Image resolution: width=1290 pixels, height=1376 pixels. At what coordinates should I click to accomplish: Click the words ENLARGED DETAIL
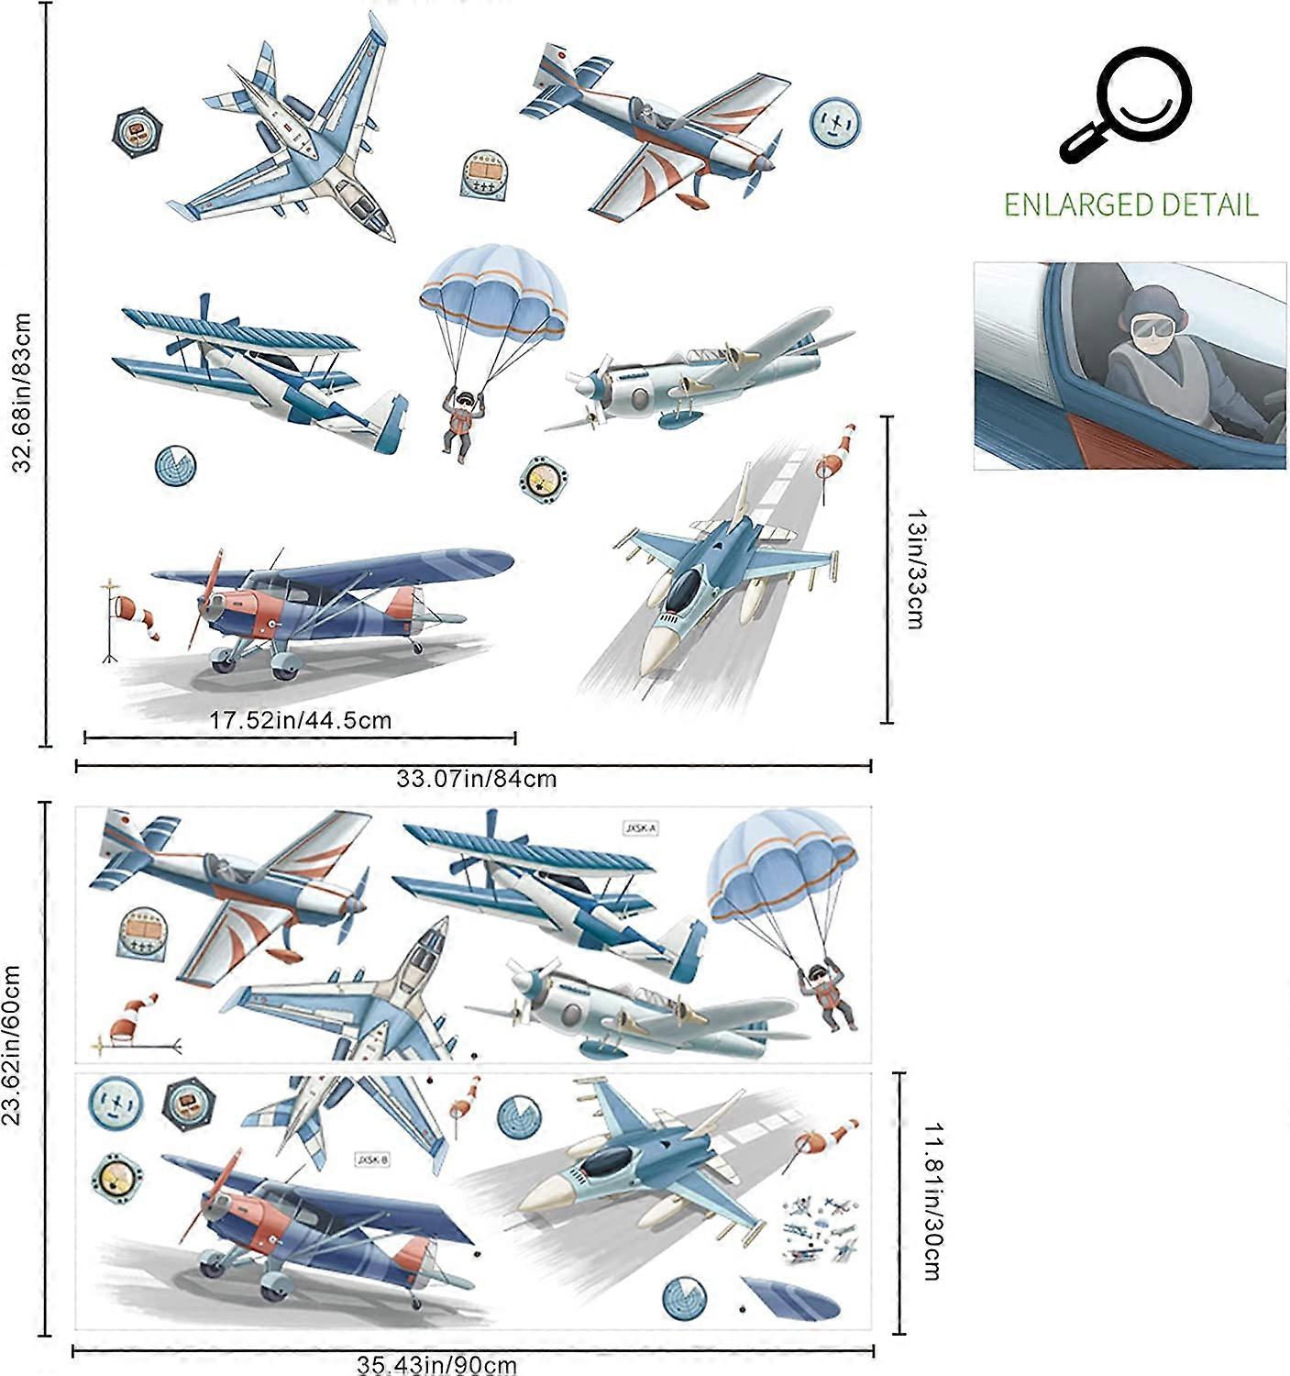point(1130,204)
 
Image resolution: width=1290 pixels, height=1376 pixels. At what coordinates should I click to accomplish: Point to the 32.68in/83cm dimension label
point(23,393)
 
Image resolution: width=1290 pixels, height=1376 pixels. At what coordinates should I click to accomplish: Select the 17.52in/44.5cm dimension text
point(300,719)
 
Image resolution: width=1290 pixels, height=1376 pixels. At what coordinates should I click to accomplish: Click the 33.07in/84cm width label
point(476,779)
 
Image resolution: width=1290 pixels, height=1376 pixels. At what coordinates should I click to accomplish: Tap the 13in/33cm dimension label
point(913,570)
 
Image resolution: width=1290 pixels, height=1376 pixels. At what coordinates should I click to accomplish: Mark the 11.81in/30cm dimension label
point(932,1202)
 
